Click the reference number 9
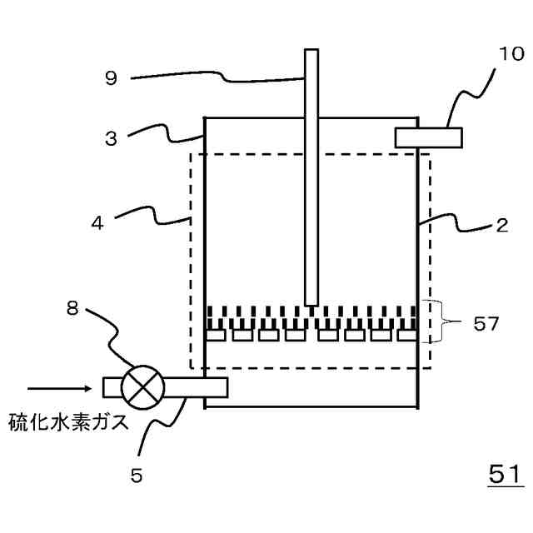point(111,79)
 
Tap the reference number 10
point(511,55)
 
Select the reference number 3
point(111,138)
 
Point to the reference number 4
point(98,223)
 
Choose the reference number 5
point(137,476)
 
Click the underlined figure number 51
point(505,474)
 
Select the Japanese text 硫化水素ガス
point(69,421)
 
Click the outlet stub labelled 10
point(428,137)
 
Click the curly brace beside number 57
point(436,322)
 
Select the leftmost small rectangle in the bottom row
point(217,336)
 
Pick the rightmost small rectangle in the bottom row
point(406,336)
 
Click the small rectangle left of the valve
point(112,387)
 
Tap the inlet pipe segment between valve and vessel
point(196,387)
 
